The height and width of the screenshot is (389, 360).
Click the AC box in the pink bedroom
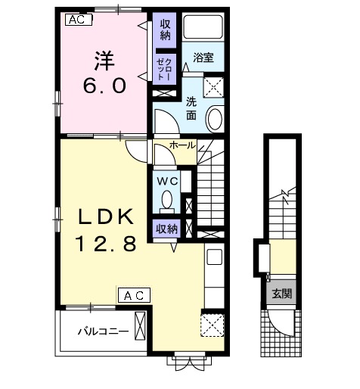(79, 20)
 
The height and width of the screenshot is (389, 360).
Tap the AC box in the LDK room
(135, 295)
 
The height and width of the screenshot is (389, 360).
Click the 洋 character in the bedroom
(104, 61)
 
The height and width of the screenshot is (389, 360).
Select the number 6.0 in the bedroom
(104, 86)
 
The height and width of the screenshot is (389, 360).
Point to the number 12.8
(107, 244)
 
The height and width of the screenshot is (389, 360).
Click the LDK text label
(106, 217)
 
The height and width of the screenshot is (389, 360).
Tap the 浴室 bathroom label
(203, 58)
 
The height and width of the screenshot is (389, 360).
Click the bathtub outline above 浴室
(203, 27)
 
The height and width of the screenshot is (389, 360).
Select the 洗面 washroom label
(191, 109)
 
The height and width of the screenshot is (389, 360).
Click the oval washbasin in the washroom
(215, 119)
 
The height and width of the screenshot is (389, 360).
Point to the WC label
(167, 181)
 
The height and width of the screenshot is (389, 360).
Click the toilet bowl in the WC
(166, 200)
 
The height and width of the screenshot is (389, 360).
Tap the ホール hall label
(182, 145)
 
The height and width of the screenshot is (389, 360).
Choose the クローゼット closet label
(164, 69)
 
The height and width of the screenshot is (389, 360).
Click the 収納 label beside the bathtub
(165, 30)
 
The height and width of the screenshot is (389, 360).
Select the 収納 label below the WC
(166, 229)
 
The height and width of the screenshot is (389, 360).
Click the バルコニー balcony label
(104, 331)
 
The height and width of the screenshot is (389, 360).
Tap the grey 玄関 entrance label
(282, 294)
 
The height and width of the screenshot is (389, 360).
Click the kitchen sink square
(215, 257)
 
